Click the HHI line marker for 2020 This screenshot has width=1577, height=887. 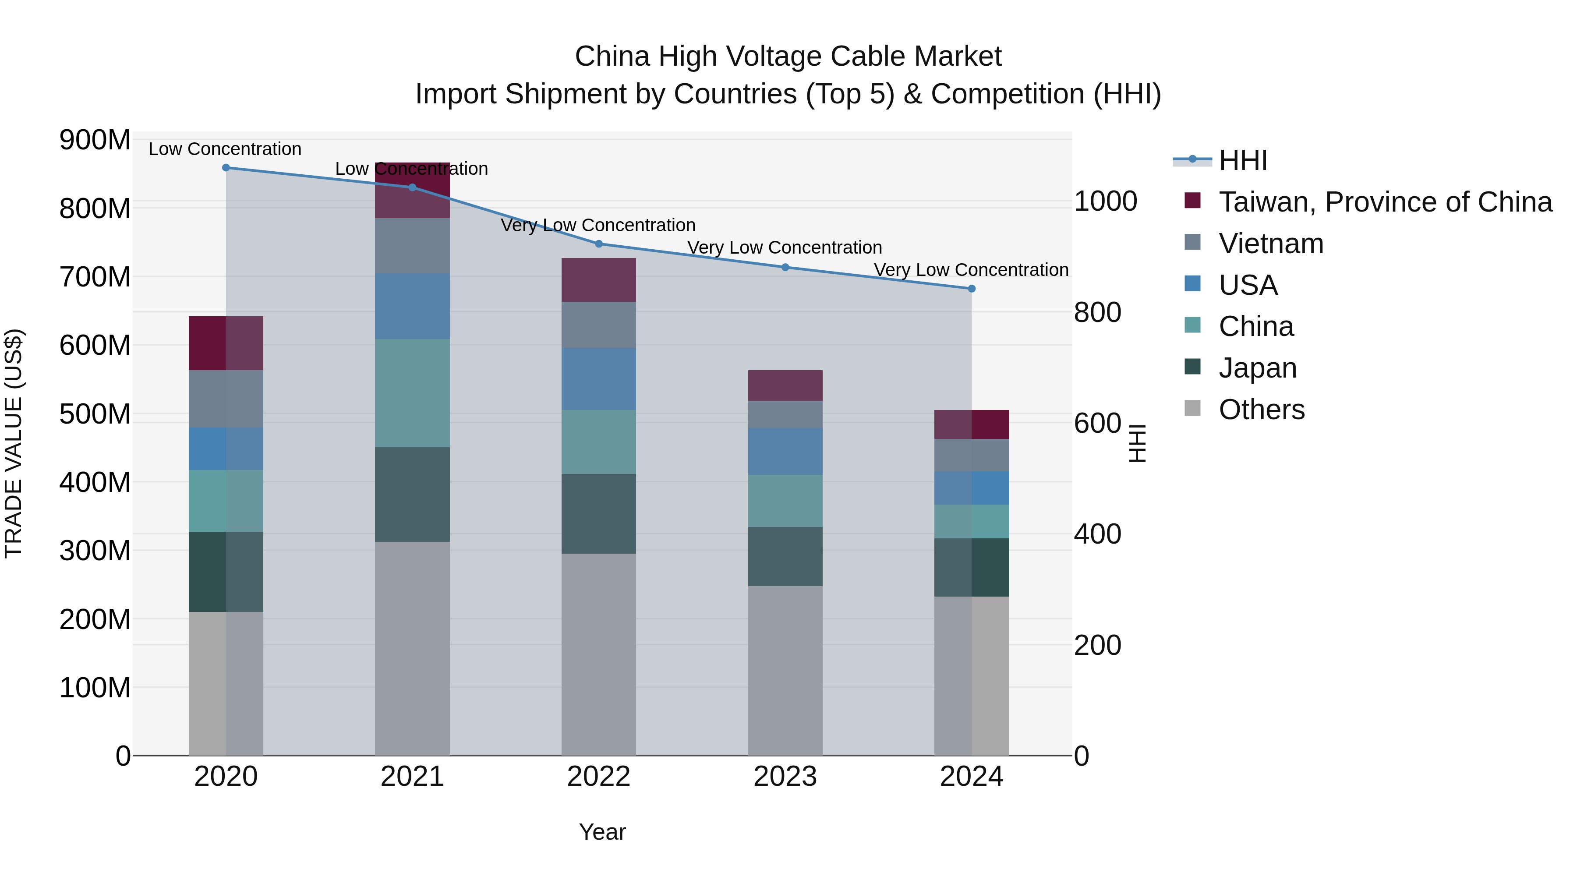226,168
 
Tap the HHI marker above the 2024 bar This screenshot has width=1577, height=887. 972,289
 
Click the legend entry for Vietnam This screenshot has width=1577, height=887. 1271,244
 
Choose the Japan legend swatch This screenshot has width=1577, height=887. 1192,368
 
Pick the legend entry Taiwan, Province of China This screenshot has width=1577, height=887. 1385,202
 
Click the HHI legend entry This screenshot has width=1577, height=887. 1243,160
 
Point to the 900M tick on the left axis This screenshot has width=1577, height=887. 95,140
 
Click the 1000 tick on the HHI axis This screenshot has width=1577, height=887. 1106,201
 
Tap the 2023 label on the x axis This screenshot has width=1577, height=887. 785,777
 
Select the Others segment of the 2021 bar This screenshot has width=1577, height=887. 412,649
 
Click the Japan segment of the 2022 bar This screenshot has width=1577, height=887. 599,514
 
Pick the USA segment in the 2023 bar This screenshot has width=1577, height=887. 785,452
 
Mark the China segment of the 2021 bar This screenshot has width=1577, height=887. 412,393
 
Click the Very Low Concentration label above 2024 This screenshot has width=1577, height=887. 971,270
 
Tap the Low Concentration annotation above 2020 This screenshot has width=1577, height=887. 225,149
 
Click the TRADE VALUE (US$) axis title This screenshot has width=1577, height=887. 14,443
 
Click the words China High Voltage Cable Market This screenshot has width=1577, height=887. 788,57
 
